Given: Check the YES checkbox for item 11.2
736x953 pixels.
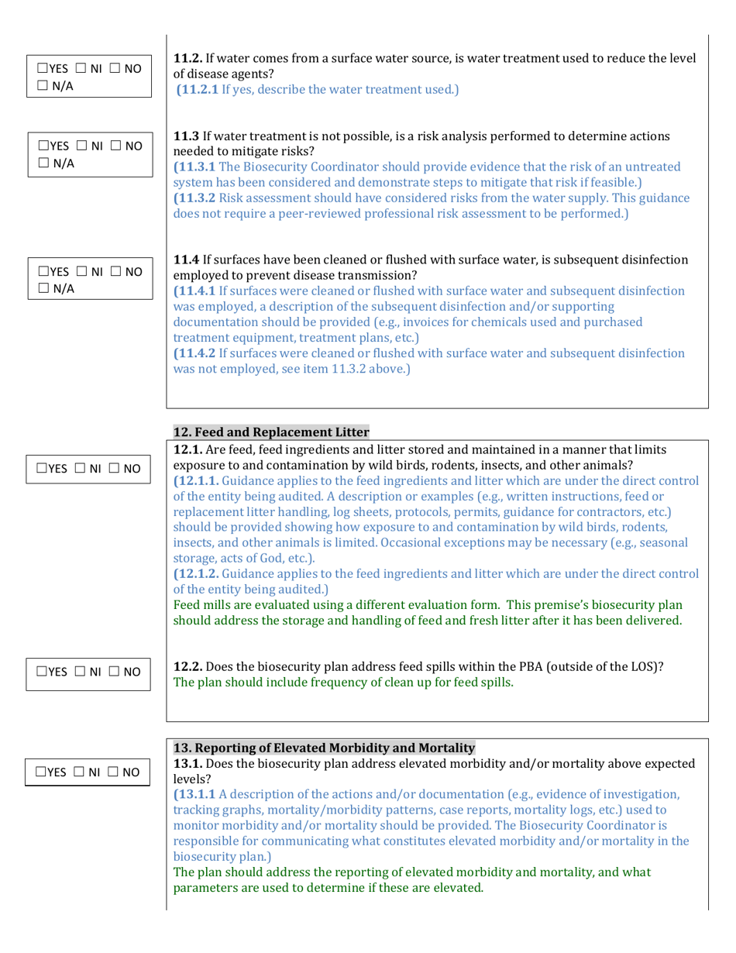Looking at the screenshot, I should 43,68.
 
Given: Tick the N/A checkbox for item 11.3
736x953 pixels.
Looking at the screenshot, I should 43,163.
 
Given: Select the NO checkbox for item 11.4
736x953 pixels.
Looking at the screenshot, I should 114,272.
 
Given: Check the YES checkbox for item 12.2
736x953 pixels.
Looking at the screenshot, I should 43,672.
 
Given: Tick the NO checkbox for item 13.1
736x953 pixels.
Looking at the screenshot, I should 113,772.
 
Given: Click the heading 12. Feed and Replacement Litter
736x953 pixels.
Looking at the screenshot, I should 271,432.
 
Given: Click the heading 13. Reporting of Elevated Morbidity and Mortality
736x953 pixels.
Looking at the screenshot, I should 324,748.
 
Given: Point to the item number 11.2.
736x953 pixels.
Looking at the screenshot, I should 187,58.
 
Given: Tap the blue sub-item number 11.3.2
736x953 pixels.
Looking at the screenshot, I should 201,198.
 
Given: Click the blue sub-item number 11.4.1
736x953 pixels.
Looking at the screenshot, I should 201,291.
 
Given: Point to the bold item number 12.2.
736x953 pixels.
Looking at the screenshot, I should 188,666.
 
